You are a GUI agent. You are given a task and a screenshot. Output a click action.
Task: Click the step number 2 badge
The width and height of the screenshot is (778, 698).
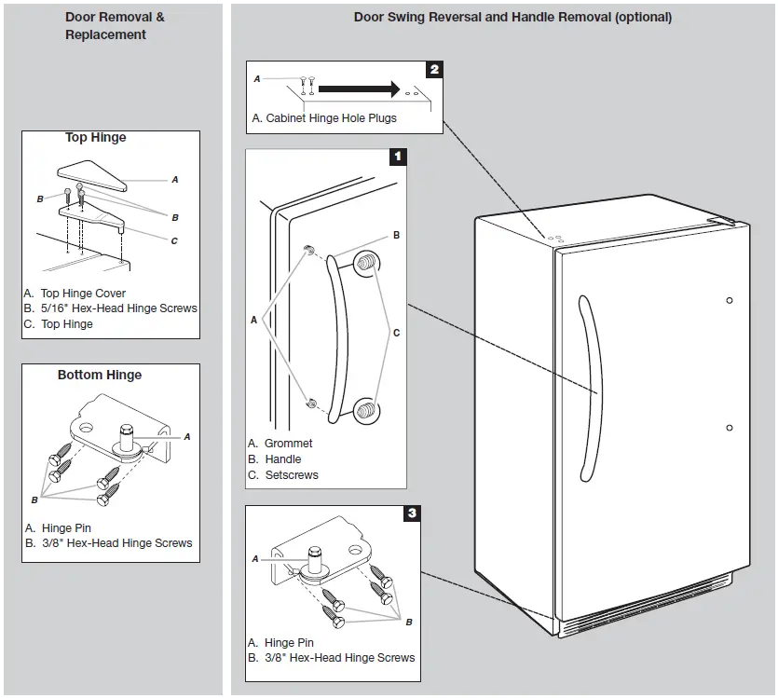click(x=434, y=69)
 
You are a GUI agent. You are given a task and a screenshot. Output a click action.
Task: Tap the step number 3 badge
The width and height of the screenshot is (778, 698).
click(x=412, y=513)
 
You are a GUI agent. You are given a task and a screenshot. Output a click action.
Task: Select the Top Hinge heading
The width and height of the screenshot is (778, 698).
click(x=95, y=138)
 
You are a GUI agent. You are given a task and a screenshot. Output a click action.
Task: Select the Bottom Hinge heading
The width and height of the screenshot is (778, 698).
click(x=100, y=376)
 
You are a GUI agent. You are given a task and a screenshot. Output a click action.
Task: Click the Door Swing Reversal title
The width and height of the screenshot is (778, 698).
click(x=512, y=17)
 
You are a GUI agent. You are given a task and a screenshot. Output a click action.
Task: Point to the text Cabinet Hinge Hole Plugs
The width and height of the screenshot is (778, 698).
click(x=331, y=118)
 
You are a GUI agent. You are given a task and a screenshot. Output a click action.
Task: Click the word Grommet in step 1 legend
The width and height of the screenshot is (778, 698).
click(x=288, y=444)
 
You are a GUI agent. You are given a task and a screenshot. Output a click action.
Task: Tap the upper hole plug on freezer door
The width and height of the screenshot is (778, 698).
click(x=729, y=300)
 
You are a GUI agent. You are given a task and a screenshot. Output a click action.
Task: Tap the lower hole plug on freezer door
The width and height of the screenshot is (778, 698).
click(x=729, y=428)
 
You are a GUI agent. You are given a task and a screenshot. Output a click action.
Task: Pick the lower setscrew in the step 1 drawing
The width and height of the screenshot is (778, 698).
click(x=367, y=408)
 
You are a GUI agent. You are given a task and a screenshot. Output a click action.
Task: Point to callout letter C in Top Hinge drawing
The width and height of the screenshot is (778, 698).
click(x=173, y=240)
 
